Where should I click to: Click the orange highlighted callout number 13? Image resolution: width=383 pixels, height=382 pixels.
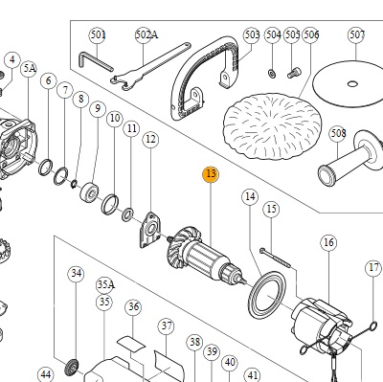pyautogui.click(x=211, y=174)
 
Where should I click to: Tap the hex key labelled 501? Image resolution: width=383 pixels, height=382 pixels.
pyautogui.click(x=95, y=61)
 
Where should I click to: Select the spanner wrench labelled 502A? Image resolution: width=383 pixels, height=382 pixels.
pyautogui.click(x=150, y=66)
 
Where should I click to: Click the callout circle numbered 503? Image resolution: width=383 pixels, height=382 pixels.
pyautogui.click(x=252, y=34)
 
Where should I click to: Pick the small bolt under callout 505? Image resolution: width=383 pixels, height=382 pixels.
pyautogui.click(x=294, y=73)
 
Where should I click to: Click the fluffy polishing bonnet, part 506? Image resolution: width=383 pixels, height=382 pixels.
pyautogui.click(x=272, y=125)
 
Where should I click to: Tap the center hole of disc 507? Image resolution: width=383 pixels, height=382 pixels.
pyautogui.click(x=352, y=84)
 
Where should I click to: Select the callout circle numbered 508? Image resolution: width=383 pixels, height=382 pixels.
pyautogui.click(x=338, y=133)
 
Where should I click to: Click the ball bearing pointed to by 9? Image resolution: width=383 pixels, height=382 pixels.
pyautogui.click(x=89, y=191)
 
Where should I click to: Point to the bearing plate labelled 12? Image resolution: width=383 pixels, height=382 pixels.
pyautogui.click(x=150, y=230)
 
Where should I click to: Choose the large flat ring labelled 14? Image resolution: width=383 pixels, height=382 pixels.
pyautogui.click(x=267, y=295)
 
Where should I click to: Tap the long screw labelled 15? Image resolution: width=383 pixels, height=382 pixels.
pyautogui.click(x=275, y=258)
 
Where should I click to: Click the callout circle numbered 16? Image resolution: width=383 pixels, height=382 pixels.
pyautogui.click(x=328, y=242)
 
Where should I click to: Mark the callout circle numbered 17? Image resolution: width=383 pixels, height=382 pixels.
pyautogui.click(x=373, y=268)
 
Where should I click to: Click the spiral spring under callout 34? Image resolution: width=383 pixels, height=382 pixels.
pyautogui.click(x=72, y=370)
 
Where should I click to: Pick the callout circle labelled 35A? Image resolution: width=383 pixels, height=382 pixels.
pyautogui.click(x=105, y=284)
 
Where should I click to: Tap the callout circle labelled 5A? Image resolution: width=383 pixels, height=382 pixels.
pyautogui.click(x=29, y=69)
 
